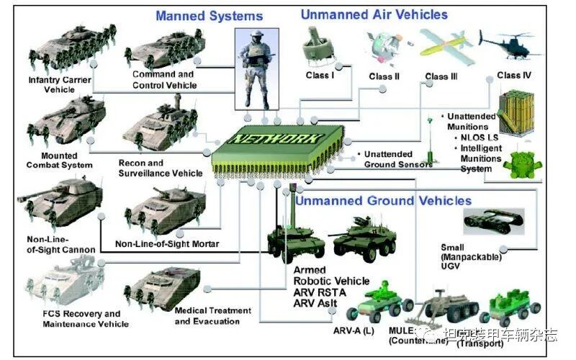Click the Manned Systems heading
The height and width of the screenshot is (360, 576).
pyautogui.click(x=209, y=15)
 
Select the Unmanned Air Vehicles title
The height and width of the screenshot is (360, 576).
pyautogui.click(x=374, y=14)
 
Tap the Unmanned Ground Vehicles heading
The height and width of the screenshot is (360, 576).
pyautogui.click(x=383, y=200)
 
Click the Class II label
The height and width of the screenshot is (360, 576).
pyautogui.click(x=384, y=76)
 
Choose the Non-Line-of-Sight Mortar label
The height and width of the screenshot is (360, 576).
pyautogui.click(x=166, y=244)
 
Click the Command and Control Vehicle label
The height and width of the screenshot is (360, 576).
pyautogui.click(x=163, y=79)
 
